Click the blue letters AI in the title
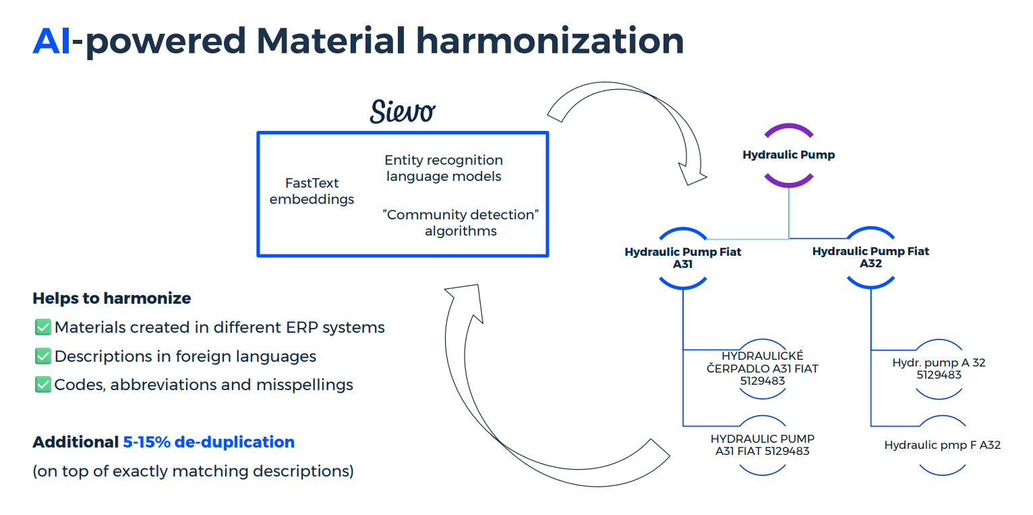(52, 41)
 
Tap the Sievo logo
(402, 111)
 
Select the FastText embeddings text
(312, 191)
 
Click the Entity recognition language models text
(443, 168)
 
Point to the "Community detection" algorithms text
(461, 223)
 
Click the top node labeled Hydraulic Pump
(789, 155)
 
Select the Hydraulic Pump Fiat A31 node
(682, 258)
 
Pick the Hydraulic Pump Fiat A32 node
(870, 257)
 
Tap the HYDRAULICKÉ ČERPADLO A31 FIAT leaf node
(763, 369)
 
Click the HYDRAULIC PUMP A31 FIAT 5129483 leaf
(763, 445)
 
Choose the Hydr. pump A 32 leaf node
(939, 369)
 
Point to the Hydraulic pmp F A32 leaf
(942, 445)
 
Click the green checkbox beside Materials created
(43, 327)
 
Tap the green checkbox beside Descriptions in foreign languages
(43, 356)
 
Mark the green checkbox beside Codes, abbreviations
(43, 385)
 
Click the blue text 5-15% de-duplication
(208, 442)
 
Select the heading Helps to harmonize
(112, 298)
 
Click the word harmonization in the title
(550, 41)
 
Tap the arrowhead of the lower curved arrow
(463, 299)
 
